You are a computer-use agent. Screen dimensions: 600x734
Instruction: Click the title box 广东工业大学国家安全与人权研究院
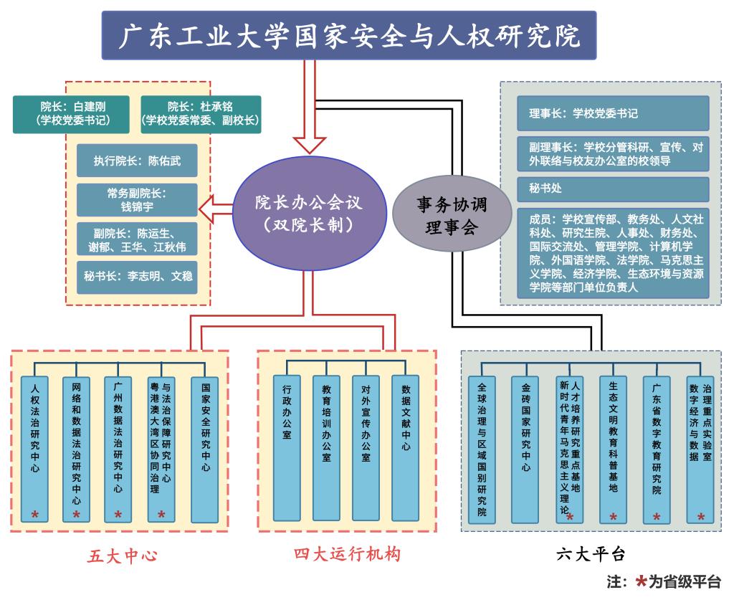tap(348, 35)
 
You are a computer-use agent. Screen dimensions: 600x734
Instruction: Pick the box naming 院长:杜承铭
tap(201, 114)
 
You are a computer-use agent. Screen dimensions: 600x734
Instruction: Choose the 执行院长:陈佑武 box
tap(137, 161)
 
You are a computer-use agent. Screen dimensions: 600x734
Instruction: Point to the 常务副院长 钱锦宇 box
tap(137, 200)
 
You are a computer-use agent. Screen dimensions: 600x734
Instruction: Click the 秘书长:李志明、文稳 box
tap(137, 275)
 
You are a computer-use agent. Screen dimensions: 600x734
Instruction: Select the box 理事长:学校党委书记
tap(613, 113)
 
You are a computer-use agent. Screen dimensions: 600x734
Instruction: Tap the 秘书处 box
tap(613, 189)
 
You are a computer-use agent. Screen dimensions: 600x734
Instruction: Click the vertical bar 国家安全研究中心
tap(205, 448)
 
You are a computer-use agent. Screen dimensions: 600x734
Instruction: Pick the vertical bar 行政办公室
tap(287, 447)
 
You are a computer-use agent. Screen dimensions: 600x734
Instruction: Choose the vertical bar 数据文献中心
tap(405, 447)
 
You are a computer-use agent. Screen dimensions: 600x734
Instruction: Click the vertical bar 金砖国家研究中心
tap(525, 448)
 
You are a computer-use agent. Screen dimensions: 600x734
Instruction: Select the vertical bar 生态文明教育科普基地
tap(613, 448)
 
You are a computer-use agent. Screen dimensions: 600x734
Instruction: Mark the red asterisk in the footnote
tap(641, 581)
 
